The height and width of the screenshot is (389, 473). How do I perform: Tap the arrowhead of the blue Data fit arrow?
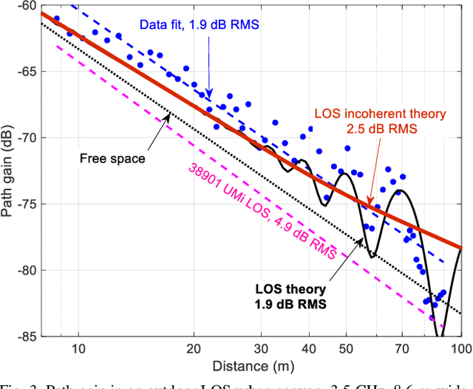pyautogui.click(x=209, y=95)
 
